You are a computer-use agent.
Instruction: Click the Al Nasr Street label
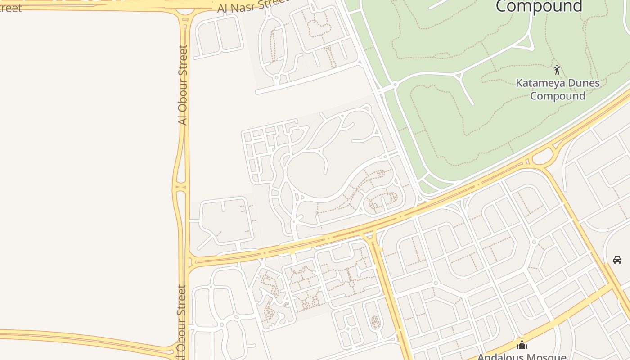click(x=252, y=6)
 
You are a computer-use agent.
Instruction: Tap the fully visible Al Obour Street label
click(x=182, y=85)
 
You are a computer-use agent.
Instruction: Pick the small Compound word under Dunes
click(x=558, y=96)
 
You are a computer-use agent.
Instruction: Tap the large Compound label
click(x=539, y=6)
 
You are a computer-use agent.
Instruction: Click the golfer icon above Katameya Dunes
click(x=557, y=70)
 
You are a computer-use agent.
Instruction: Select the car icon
click(x=617, y=260)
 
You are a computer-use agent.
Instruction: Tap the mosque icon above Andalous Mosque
click(x=522, y=345)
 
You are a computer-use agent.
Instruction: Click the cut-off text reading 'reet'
click(x=11, y=8)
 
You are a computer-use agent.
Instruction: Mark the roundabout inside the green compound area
click(x=395, y=84)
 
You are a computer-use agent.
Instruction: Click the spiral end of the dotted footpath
click(x=380, y=173)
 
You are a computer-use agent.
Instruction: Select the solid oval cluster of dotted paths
click(x=374, y=322)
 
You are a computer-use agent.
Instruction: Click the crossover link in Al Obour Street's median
click(x=180, y=186)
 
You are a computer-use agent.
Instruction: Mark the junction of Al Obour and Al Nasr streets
click(x=184, y=11)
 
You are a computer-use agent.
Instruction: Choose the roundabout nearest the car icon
click(x=534, y=242)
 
